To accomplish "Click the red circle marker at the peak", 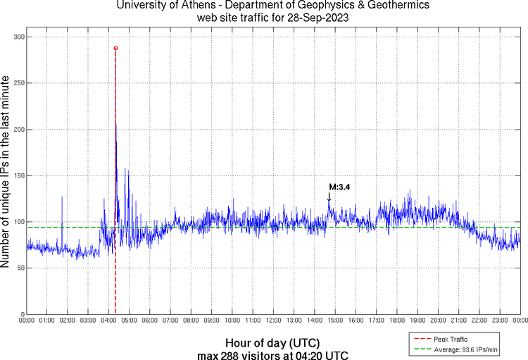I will tap(115, 48).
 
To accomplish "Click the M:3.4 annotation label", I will tap(339, 187).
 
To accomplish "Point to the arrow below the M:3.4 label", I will tap(329, 197).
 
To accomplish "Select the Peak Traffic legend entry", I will tap(451, 340).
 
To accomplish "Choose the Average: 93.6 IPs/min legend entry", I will tap(461, 349).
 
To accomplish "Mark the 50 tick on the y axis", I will tap(18, 268).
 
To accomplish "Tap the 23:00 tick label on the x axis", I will tap(499, 321).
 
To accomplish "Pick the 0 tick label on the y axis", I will tap(21, 314).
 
